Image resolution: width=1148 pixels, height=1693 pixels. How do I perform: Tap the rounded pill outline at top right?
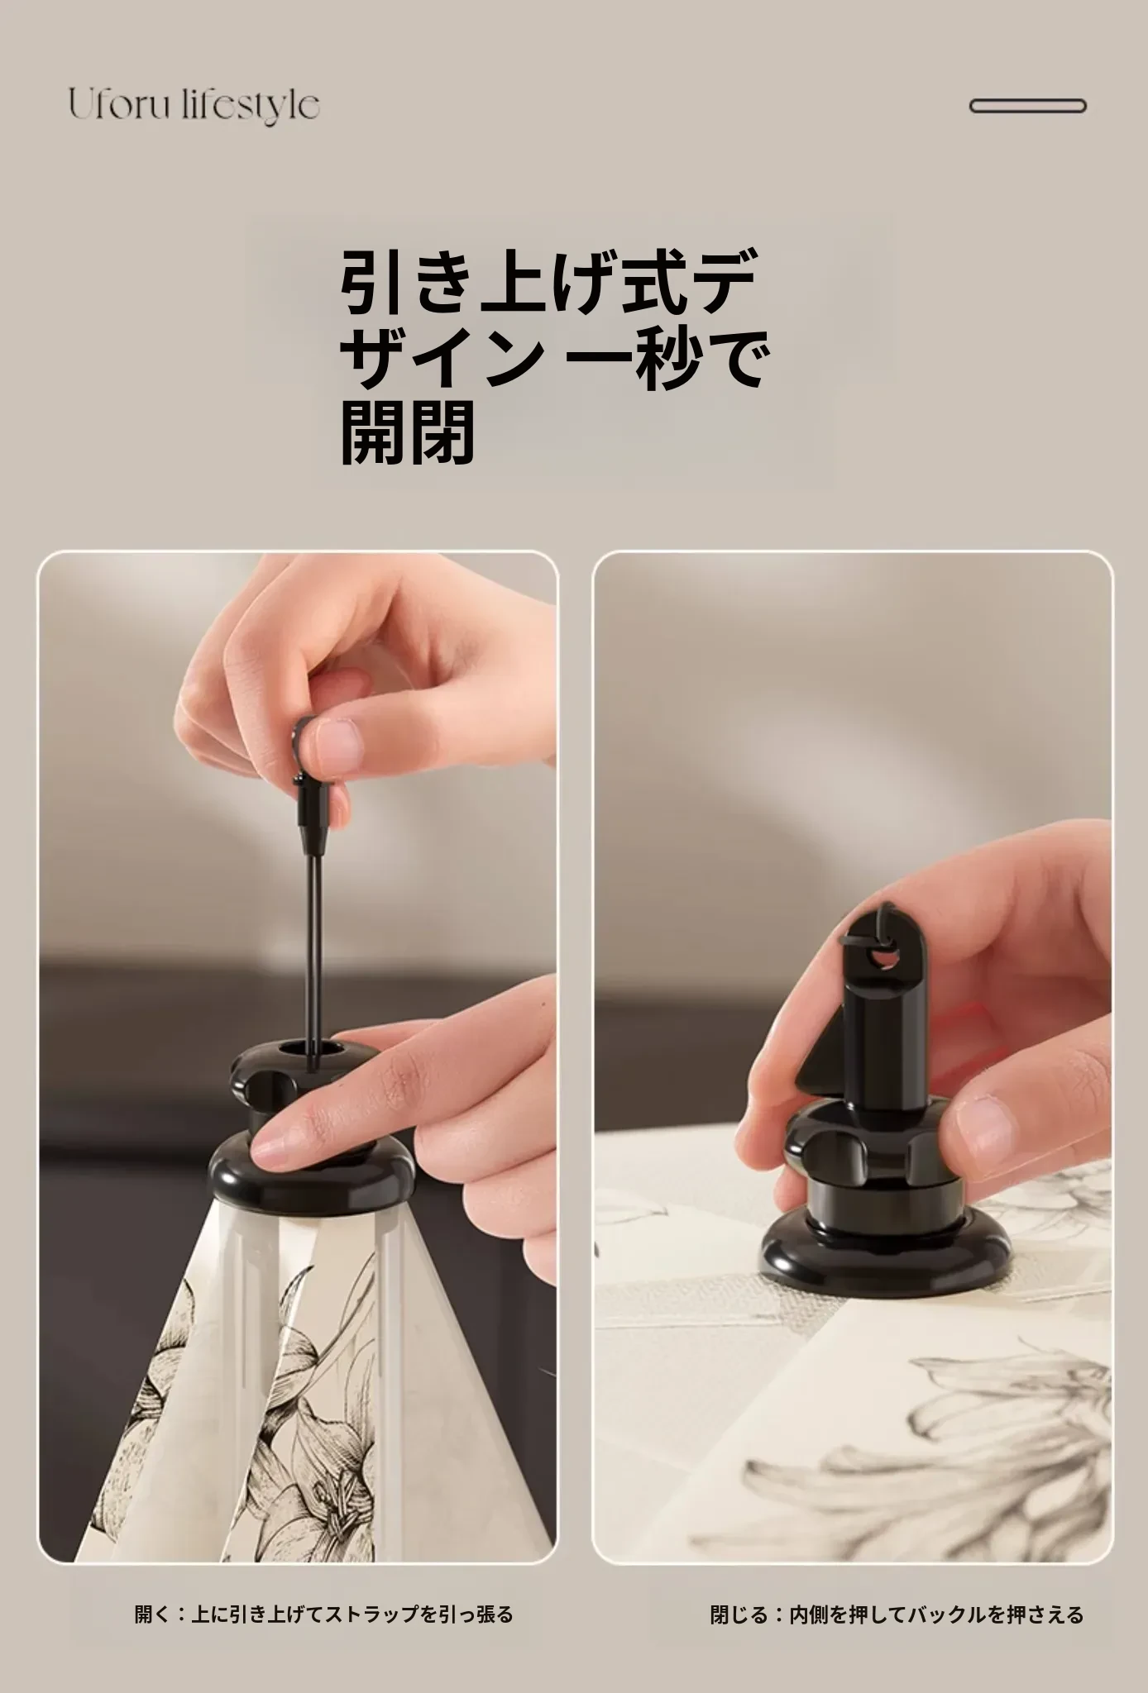pyautogui.click(x=1027, y=106)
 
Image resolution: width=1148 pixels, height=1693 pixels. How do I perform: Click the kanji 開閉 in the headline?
pyautogui.click(x=408, y=432)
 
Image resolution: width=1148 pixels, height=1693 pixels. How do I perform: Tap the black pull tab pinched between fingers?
pyautogui.click(x=310, y=789)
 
